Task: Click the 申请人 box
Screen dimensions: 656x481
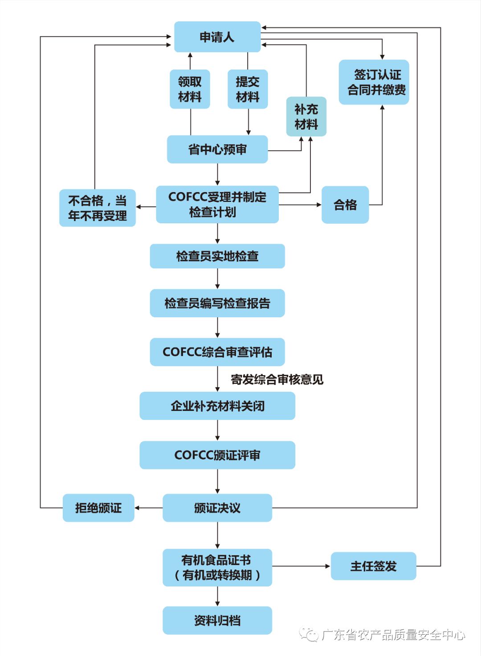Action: click(x=217, y=37)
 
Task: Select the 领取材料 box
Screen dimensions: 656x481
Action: click(x=190, y=89)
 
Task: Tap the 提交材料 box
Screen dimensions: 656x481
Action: click(x=248, y=89)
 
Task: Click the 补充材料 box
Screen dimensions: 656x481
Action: click(x=306, y=117)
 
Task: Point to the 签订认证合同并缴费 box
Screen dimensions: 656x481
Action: click(x=374, y=82)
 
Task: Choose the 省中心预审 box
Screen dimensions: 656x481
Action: click(x=217, y=150)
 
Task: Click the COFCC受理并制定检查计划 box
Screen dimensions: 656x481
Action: click(x=217, y=205)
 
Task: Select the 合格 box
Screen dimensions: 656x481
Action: click(x=345, y=205)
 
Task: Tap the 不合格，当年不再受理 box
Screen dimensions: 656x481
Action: click(x=98, y=208)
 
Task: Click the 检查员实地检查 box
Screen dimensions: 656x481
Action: click(x=217, y=256)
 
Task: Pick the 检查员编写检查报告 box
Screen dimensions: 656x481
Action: click(x=217, y=303)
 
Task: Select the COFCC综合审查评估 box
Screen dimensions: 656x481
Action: click(x=217, y=352)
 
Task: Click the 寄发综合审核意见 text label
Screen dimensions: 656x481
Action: click(x=277, y=380)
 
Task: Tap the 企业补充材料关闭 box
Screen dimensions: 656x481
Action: click(x=217, y=406)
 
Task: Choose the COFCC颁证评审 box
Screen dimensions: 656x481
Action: click(x=217, y=455)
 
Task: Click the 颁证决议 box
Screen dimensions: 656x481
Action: click(x=217, y=508)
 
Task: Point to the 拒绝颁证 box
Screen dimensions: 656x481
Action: click(x=98, y=508)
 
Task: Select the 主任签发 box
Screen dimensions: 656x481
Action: click(x=373, y=566)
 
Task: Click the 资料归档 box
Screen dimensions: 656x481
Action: click(x=217, y=620)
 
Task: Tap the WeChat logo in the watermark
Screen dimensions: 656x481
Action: click(x=308, y=634)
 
